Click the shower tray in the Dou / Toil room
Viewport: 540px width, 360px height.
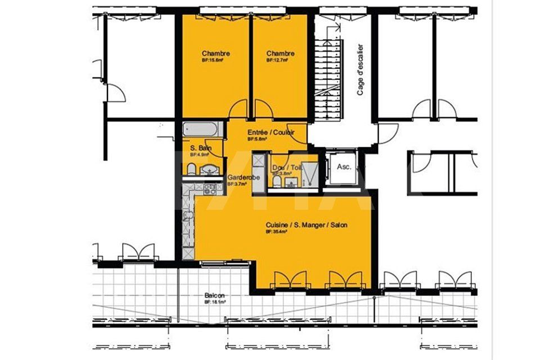pos(308,173)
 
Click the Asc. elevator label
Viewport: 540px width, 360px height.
pos(344,167)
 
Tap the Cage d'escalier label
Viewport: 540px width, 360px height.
pos(361,70)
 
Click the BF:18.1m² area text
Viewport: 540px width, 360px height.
pos(214,302)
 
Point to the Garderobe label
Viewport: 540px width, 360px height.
pos(243,177)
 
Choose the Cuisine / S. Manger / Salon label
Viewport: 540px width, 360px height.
pos(307,225)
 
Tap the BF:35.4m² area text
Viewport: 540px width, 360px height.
pos(277,231)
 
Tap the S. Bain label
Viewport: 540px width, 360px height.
pos(200,148)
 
